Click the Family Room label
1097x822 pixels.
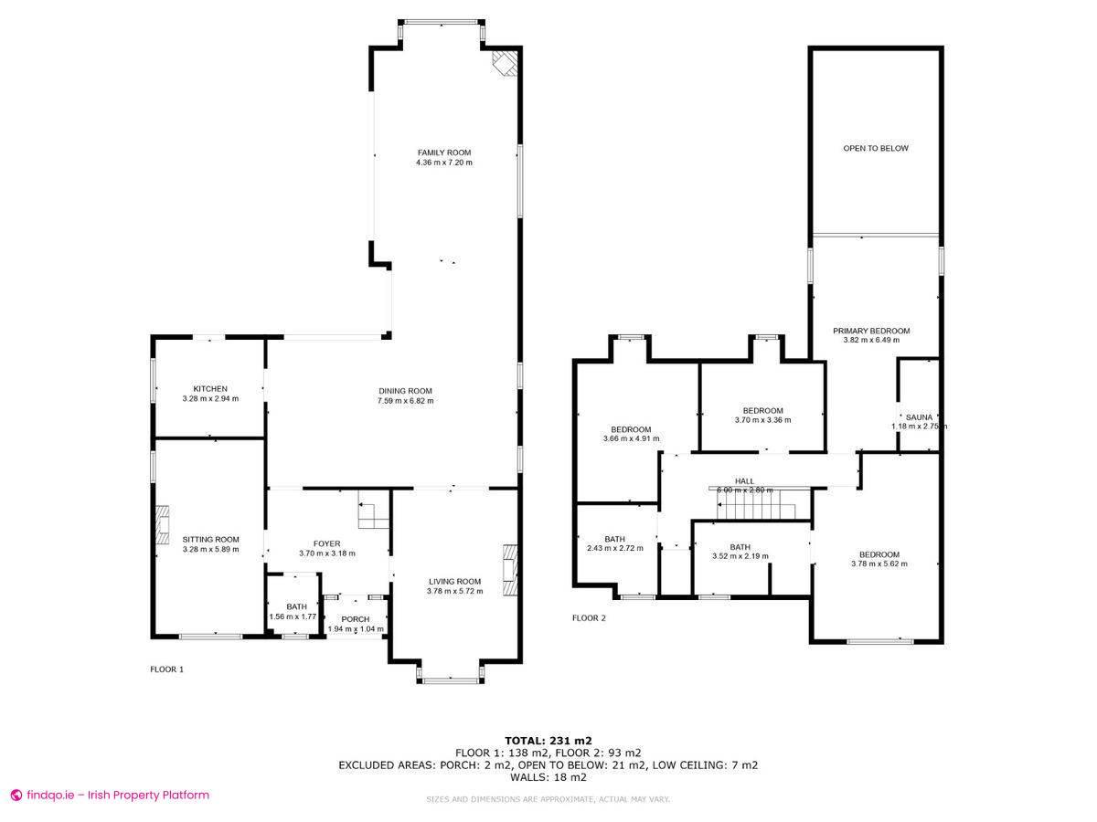[x=444, y=153]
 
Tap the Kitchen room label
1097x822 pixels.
[x=210, y=388]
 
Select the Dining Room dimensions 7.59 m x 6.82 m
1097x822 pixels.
[x=406, y=400]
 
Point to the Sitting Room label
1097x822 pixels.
[x=210, y=539]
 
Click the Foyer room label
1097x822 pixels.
[x=326, y=543]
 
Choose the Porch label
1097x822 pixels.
[x=356, y=619]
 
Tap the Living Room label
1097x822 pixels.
[x=453, y=581]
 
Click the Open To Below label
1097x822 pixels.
[x=875, y=148]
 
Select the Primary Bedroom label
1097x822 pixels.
[x=871, y=331]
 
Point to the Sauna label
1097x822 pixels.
[x=919, y=416]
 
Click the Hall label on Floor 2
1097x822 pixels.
[x=744, y=480]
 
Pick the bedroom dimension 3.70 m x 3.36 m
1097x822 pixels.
[x=762, y=420]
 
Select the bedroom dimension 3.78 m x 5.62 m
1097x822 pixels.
[x=879, y=564]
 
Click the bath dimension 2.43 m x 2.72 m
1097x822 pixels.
[x=615, y=548]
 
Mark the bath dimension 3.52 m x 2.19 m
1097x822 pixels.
[x=740, y=555]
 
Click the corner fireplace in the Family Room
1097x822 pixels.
[x=505, y=62]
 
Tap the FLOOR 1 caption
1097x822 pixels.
[x=166, y=669]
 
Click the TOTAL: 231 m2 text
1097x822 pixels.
[x=548, y=740]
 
